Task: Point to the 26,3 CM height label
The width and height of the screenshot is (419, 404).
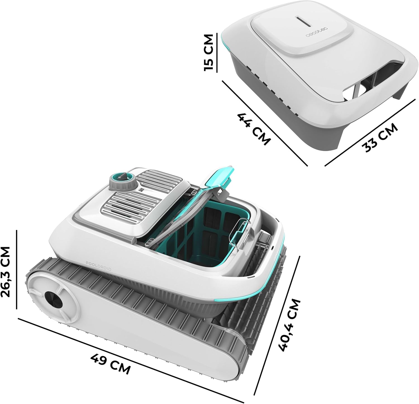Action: pos(5,272)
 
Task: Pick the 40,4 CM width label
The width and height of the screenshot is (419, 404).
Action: pos(290,324)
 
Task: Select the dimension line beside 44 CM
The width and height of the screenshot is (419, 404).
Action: pos(265,123)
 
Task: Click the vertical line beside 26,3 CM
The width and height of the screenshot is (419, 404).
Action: pos(16,269)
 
